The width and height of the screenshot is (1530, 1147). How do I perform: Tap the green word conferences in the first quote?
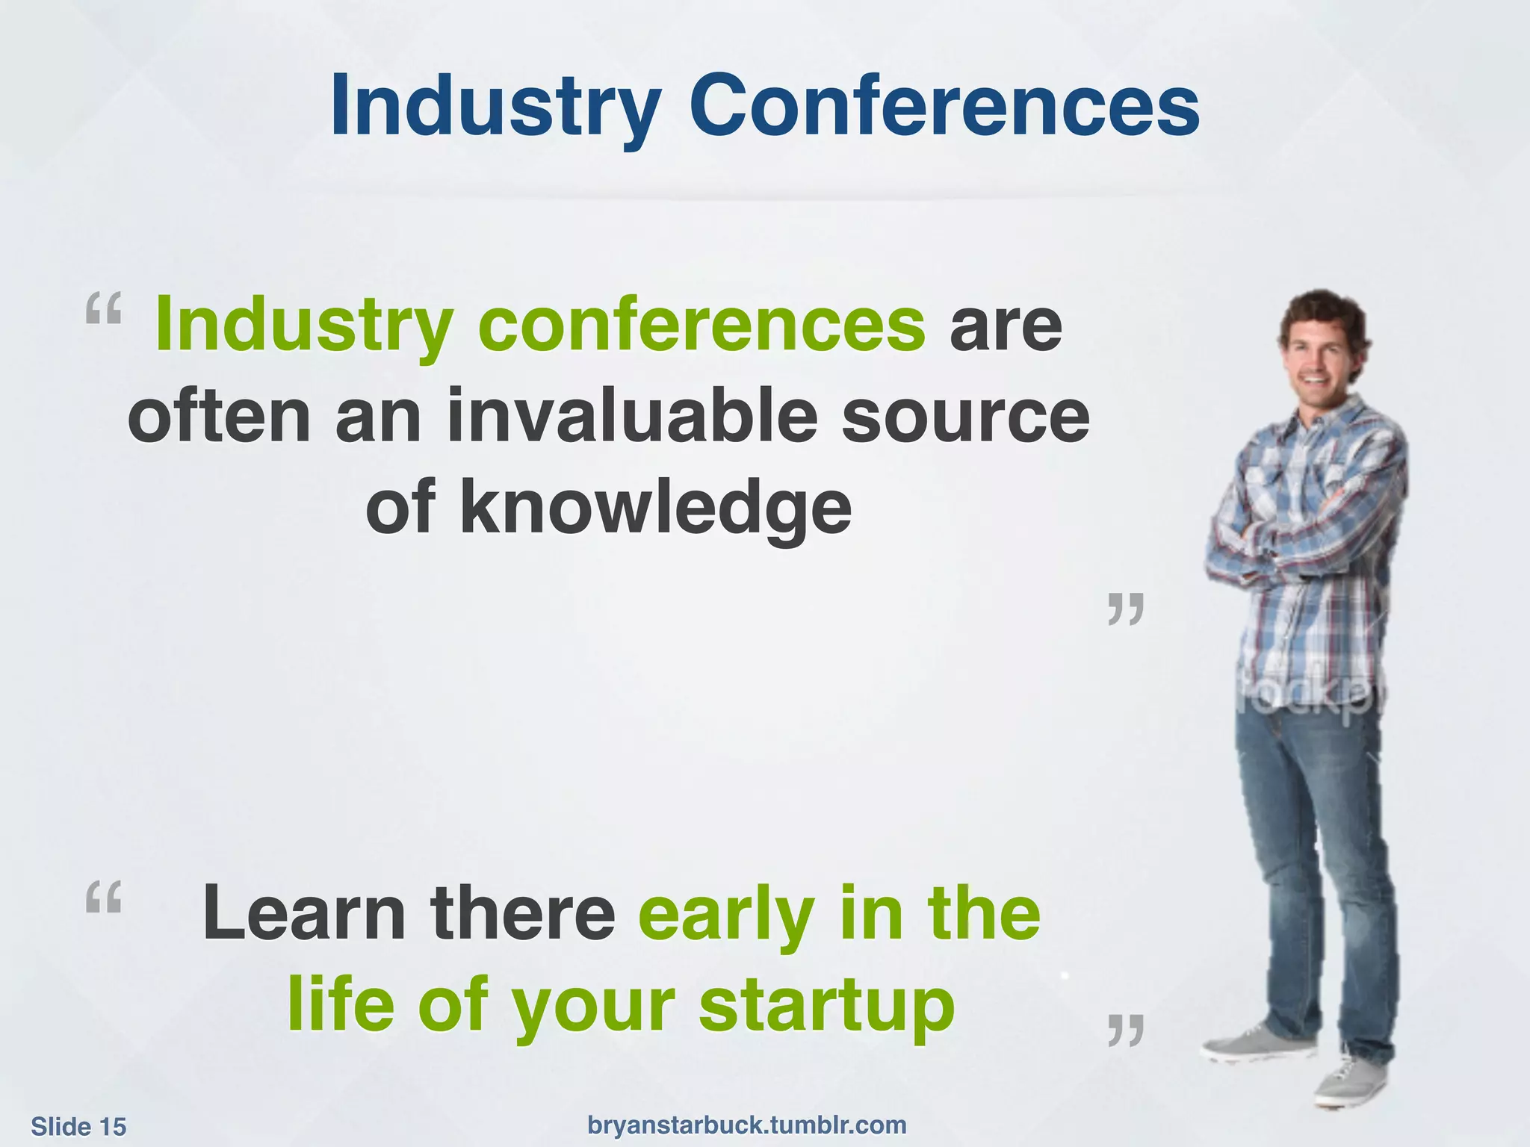pyautogui.click(x=701, y=326)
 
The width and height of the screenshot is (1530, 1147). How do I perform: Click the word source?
pyautogui.click(x=965, y=417)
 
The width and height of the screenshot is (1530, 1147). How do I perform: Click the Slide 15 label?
pyautogui.click(x=78, y=1126)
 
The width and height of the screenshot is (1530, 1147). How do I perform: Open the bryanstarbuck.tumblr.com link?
pyautogui.click(x=747, y=1125)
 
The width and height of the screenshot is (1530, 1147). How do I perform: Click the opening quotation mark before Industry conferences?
pyautogui.click(x=103, y=308)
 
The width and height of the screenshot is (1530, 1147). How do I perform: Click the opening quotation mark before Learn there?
pyautogui.click(x=103, y=897)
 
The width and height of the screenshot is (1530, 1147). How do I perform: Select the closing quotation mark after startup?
pyautogui.click(x=1126, y=1030)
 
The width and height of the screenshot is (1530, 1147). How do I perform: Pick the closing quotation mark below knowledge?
pyautogui.click(x=1126, y=609)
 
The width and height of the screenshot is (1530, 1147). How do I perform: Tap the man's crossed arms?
pyautogui.click(x=1300, y=538)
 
